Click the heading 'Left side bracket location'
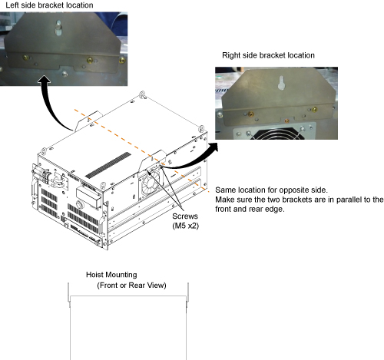coord(49,5)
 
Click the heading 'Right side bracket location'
coord(268,55)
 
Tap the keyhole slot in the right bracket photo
coord(282,83)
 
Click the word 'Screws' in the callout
coord(185,216)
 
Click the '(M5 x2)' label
coord(186,226)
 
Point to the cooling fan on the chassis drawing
coord(150,184)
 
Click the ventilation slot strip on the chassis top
coord(108,165)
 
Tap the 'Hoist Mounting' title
coord(111,275)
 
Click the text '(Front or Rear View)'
coord(131,286)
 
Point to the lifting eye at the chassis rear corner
coord(142,94)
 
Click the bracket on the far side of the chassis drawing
coord(88,121)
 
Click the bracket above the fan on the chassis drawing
coord(152,161)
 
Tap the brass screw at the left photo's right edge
coord(122,61)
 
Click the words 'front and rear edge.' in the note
coord(250,209)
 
